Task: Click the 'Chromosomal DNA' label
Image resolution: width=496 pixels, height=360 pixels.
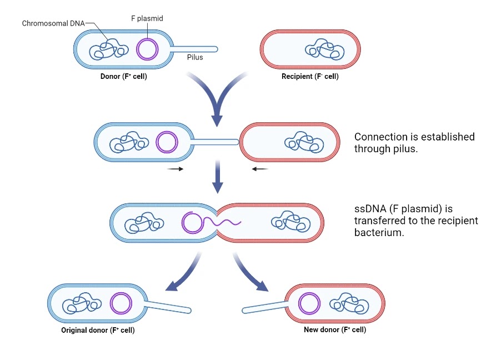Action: click(x=53, y=23)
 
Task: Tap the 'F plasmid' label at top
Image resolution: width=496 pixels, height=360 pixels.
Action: click(x=147, y=18)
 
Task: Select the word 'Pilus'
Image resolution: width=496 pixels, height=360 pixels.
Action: click(x=195, y=57)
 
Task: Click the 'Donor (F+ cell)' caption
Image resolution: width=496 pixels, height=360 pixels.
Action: click(x=124, y=77)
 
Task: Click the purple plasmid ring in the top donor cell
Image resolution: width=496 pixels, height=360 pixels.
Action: click(x=147, y=49)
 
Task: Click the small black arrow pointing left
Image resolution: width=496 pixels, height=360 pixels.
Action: click(x=260, y=169)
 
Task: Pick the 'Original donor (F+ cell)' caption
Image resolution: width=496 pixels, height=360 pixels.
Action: click(x=98, y=331)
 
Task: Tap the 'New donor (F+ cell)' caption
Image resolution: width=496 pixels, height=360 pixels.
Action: click(x=335, y=329)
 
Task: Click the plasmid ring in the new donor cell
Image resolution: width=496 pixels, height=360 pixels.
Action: click(x=309, y=304)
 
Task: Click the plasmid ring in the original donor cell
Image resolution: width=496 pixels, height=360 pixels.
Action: click(x=121, y=304)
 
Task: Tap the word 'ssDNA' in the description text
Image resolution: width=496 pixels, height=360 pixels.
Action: click(x=369, y=209)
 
